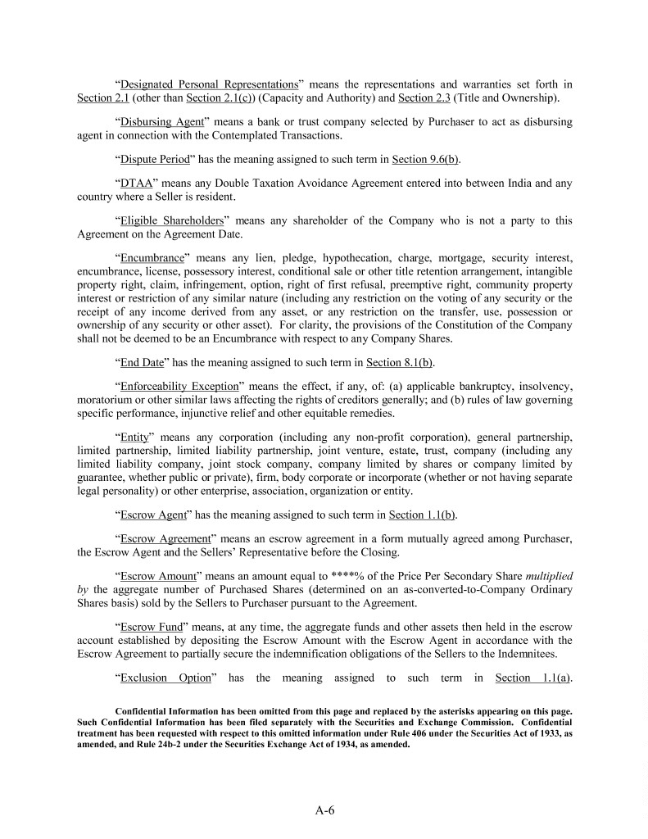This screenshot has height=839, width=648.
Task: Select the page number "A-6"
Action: (324, 811)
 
